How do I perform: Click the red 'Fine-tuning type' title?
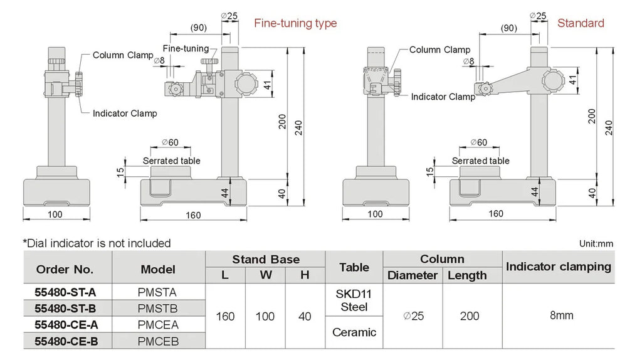295,23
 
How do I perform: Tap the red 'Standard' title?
581,23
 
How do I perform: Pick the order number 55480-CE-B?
65,341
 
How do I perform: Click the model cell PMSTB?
157,308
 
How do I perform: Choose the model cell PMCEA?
157,324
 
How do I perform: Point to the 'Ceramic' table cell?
354,332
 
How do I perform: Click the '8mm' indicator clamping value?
561,315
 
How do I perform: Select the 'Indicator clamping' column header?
558,267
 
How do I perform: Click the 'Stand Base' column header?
266,259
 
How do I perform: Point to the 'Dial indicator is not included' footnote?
97,243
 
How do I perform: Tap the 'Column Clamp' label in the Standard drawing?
439,50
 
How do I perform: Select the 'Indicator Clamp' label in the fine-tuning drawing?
125,114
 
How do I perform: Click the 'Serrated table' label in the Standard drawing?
481,161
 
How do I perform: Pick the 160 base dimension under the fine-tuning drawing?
193,215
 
